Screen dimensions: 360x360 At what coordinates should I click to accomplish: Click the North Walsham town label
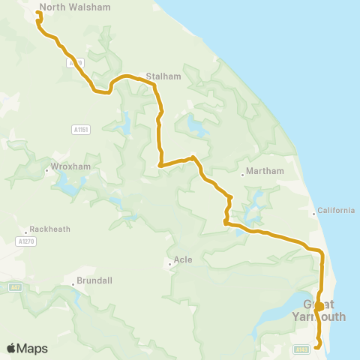click(x=74, y=7)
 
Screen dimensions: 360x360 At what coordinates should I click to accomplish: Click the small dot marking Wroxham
click(x=46, y=169)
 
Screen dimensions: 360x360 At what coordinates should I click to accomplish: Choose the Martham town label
click(x=265, y=171)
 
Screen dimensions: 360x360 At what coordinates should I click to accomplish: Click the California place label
click(x=336, y=211)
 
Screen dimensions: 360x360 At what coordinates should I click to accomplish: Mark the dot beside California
click(x=314, y=214)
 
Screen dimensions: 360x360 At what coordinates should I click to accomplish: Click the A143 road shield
click(x=301, y=349)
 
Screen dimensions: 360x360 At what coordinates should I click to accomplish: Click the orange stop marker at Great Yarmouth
click(x=319, y=306)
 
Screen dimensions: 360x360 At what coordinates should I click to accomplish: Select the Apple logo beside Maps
click(x=11, y=348)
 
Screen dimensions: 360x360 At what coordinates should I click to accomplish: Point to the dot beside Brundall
click(x=73, y=283)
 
